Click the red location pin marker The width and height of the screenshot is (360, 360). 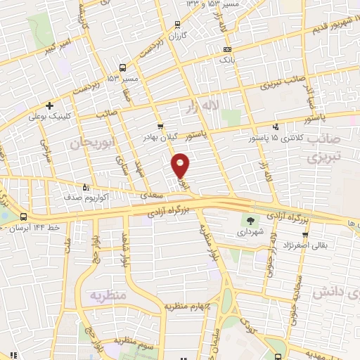[181, 165]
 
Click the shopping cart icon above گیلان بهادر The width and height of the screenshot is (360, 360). [160, 127]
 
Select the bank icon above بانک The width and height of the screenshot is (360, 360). [226, 50]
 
